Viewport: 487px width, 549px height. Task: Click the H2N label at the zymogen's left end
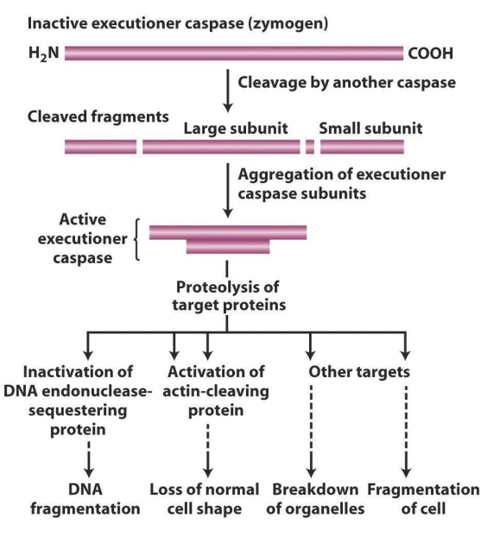click(44, 54)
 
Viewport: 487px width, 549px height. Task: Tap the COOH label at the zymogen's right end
click(429, 54)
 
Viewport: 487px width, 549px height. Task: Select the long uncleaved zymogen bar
click(232, 54)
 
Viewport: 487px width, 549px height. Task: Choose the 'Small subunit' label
click(370, 129)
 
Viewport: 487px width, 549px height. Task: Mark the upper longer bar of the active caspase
click(228, 232)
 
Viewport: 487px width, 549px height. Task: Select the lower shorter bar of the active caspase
click(228, 248)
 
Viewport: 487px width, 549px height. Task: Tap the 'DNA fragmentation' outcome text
click(85, 499)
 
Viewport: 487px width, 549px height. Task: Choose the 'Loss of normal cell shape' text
click(206, 499)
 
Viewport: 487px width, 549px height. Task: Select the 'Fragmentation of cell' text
click(423, 499)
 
